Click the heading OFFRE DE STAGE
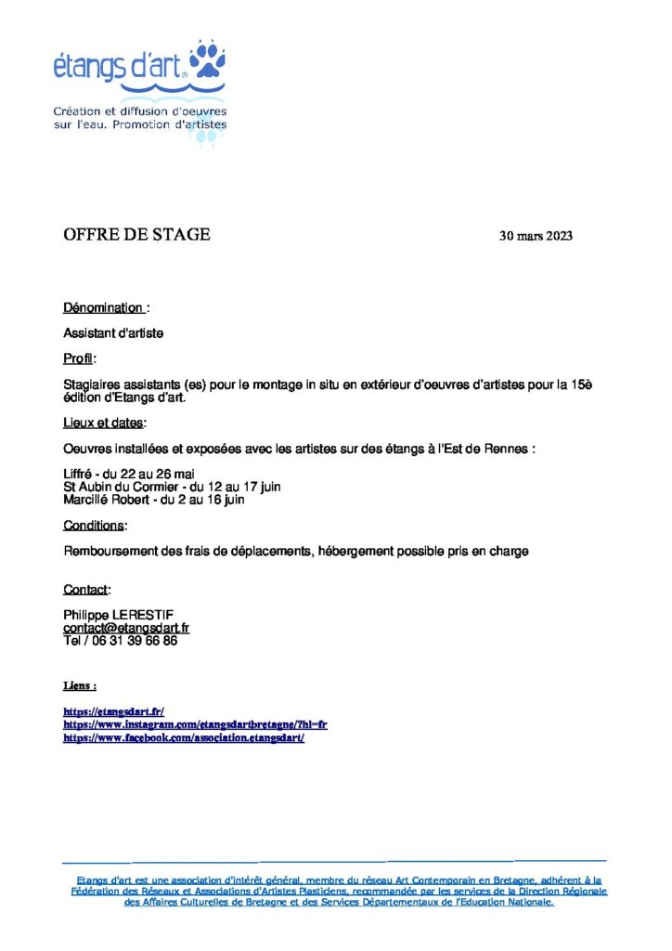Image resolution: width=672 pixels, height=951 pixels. (x=136, y=234)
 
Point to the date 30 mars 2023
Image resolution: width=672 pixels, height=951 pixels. (x=536, y=236)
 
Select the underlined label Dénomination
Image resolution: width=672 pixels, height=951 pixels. (x=103, y=307)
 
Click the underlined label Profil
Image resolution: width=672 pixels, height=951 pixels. (x=79, y=358)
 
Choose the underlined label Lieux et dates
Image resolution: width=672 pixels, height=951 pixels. (x=103, y=423)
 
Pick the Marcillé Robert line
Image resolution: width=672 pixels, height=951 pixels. (x=154, y=500)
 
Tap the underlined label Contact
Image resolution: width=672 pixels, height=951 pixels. (x=85, y=590)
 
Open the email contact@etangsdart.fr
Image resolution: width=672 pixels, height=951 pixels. (x=126, y=628)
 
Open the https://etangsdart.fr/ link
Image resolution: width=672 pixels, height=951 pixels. (x=113, y=711)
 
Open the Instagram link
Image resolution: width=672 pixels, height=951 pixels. (x=195, y=724)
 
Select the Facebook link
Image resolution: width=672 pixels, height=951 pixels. (x=184, y=736)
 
